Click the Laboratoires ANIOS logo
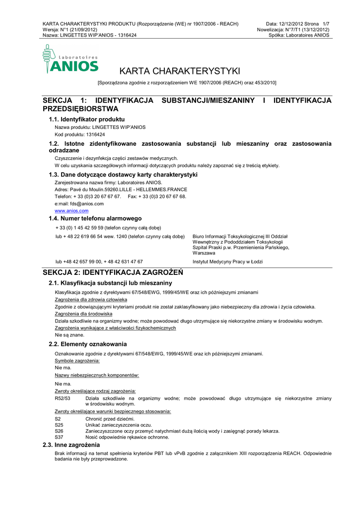pos(71,60)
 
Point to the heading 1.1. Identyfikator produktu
pos(86,120)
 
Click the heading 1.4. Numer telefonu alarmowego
pos(95,218)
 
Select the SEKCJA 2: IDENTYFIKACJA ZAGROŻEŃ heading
pos(113,272)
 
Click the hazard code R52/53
pos(63,398)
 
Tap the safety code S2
pos(58,419)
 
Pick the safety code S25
pos(59,425)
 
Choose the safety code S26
pos(59,431)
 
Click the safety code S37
pos(59,437)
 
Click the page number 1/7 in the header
pos(326,24)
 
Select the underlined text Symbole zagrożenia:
pos(77,361)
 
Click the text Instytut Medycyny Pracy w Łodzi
pos(227,261)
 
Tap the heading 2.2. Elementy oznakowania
pos(87,344)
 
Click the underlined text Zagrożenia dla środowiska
pos(83,314)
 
